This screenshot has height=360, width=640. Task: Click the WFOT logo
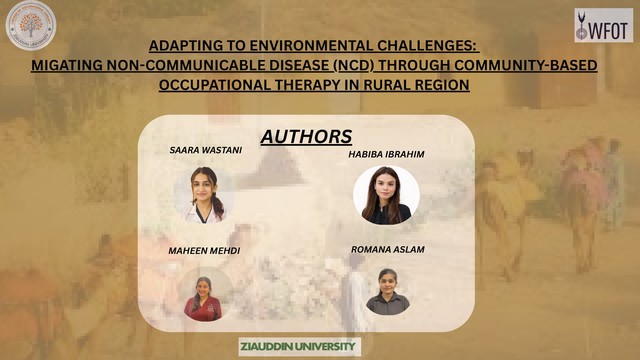point(604,25)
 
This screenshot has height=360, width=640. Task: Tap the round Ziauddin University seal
point(31,26)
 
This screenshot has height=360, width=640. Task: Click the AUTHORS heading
point(306,136)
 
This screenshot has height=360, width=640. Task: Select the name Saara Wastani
point(206,150)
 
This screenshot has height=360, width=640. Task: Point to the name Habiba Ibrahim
point(386,154)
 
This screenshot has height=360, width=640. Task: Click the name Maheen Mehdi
point(204,251)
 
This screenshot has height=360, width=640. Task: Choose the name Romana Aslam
point(388,249)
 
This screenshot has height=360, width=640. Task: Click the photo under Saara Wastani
point(204,195)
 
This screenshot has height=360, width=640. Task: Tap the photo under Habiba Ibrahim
point(386,195)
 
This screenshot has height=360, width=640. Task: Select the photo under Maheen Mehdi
point(203,295)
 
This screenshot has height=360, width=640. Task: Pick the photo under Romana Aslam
point(387,291)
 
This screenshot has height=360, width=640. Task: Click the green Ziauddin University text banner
point(300,347)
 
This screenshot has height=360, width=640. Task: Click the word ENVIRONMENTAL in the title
point(312,46)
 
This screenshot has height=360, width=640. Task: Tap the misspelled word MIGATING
point(67,65)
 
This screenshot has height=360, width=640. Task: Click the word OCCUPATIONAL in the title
point(215,85)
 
